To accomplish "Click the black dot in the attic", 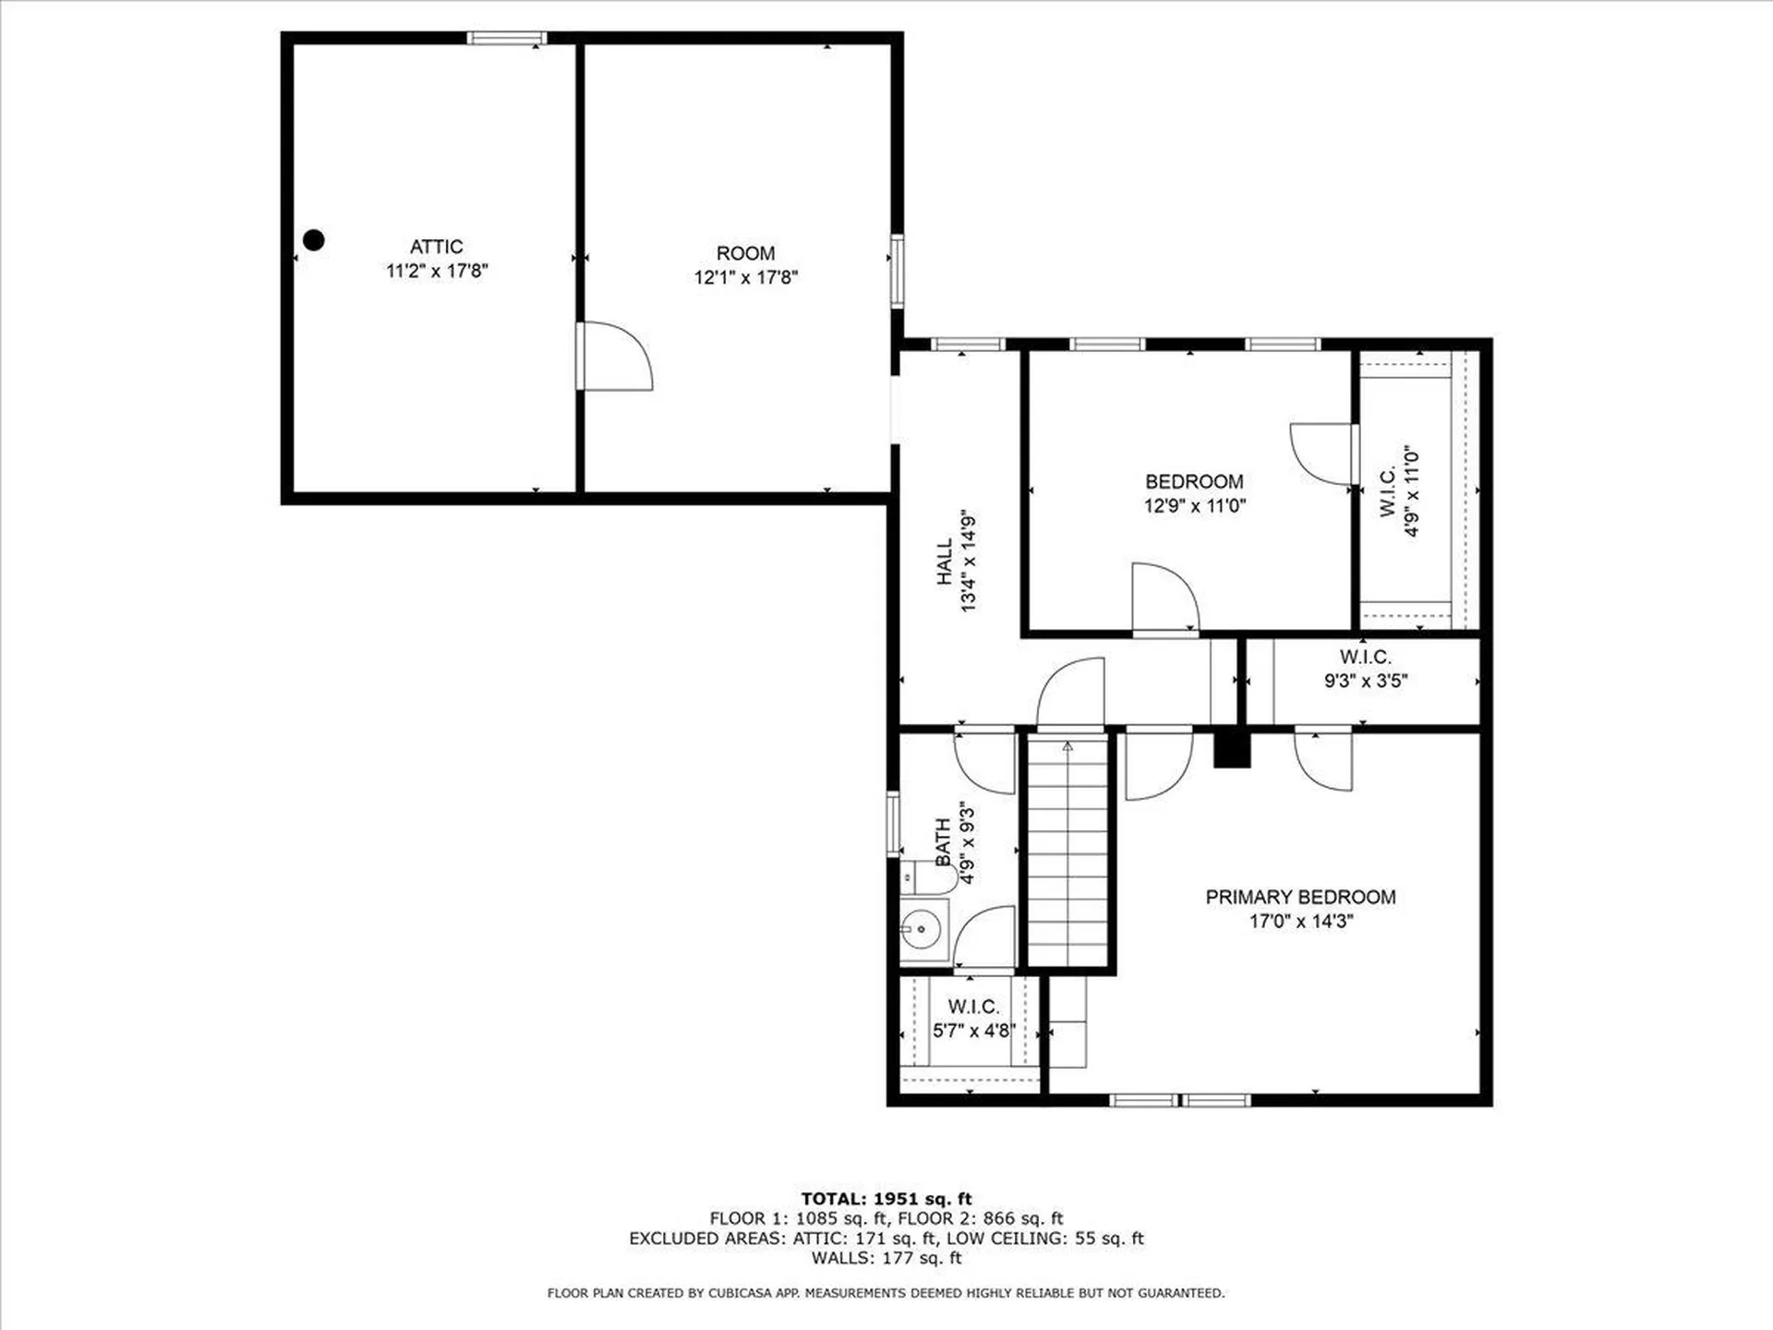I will [314, 240].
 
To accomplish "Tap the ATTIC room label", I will [436, 247].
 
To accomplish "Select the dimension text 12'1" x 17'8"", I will [745, 277].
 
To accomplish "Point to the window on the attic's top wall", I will [506, 38].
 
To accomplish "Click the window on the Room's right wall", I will [897, 270].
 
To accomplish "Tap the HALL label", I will [944, 562].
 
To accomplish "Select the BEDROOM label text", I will [1194, 481].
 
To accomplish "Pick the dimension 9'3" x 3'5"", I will [1365, 681].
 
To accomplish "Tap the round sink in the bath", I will [921, 928].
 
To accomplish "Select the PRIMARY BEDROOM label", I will [1300, 897].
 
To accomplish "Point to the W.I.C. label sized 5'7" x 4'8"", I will [973, 1007].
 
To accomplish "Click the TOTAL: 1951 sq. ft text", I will [886, 1199].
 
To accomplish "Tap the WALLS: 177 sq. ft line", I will [886, 1258].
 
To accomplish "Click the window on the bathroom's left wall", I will [893, 822].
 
